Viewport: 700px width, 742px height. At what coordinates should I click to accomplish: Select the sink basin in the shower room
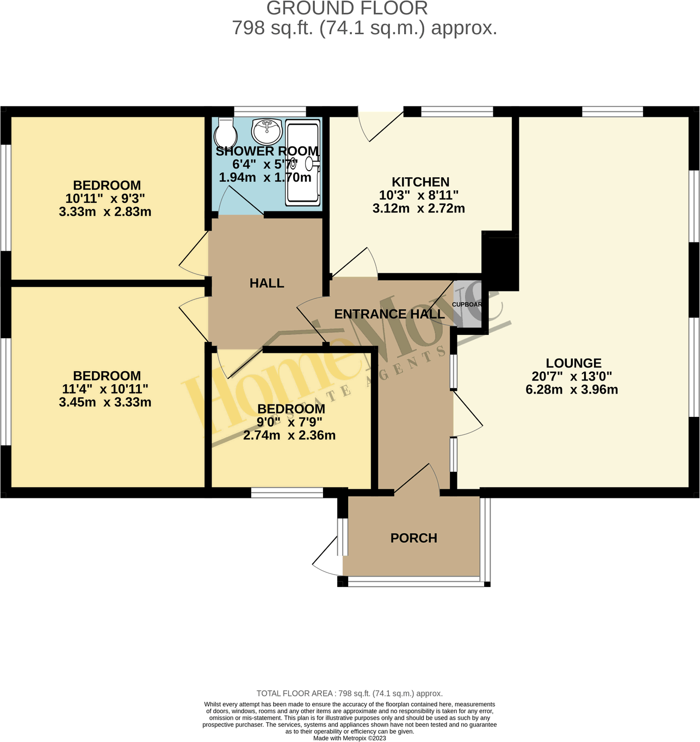point(267,130)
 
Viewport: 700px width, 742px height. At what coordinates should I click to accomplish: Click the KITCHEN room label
point(420,182)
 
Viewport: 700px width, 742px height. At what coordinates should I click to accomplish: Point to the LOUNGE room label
point(573,363)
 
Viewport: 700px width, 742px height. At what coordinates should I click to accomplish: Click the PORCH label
point(413,538)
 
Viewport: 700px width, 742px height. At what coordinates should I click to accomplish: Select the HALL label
point(267,283)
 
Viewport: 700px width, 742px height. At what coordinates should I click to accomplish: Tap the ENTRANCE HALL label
point(389,314)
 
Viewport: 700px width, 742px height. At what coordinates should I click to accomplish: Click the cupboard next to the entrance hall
point(467,304)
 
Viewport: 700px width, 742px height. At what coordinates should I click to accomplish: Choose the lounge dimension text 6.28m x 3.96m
point(572,390)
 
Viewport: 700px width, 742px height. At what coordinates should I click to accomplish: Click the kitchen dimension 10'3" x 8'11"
point(418,195)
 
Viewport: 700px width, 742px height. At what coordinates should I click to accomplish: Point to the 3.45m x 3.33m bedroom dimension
point(105,403)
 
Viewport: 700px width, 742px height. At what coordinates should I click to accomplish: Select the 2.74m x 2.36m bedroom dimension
point(289,435)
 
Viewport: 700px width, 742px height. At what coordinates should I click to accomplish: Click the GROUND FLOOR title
point(347,9)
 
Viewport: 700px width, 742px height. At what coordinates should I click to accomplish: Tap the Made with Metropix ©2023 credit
point(349,738)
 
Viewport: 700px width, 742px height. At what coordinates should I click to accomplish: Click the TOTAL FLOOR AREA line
point(349,694)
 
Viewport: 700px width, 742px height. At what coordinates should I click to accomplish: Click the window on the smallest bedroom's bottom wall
point(287,493)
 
